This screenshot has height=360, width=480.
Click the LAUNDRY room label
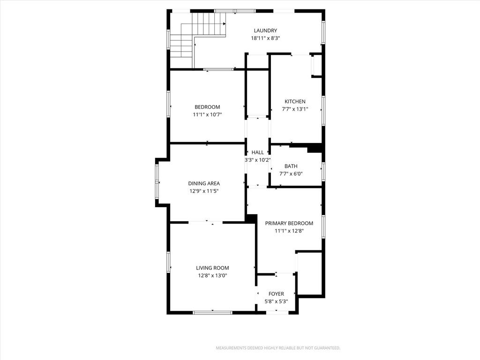[265, 30]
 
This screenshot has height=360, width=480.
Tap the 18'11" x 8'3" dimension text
[265, 38]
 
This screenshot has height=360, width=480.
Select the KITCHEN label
[295, 102]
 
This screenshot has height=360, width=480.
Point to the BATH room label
[291, 166]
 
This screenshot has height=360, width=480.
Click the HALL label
[257, 152]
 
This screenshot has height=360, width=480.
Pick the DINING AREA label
[204, 184]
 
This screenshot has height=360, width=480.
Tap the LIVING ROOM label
[212, 268]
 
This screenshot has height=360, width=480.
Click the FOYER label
[276, 294]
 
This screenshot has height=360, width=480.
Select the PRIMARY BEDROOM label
[289, 224]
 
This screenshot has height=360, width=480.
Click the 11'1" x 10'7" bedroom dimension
[207, 115]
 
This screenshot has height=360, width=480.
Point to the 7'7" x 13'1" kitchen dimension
[295, 109]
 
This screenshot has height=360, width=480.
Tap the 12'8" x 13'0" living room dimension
[212, 276]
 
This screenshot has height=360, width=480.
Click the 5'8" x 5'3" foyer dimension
[276, 302]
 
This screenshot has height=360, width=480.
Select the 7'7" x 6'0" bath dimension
[291, 174]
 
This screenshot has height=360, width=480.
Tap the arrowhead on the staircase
[225, 23]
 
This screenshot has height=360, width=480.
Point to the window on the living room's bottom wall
[212, 313]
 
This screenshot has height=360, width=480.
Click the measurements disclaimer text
[278, 348]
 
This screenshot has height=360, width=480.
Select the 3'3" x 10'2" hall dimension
[257, 160]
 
